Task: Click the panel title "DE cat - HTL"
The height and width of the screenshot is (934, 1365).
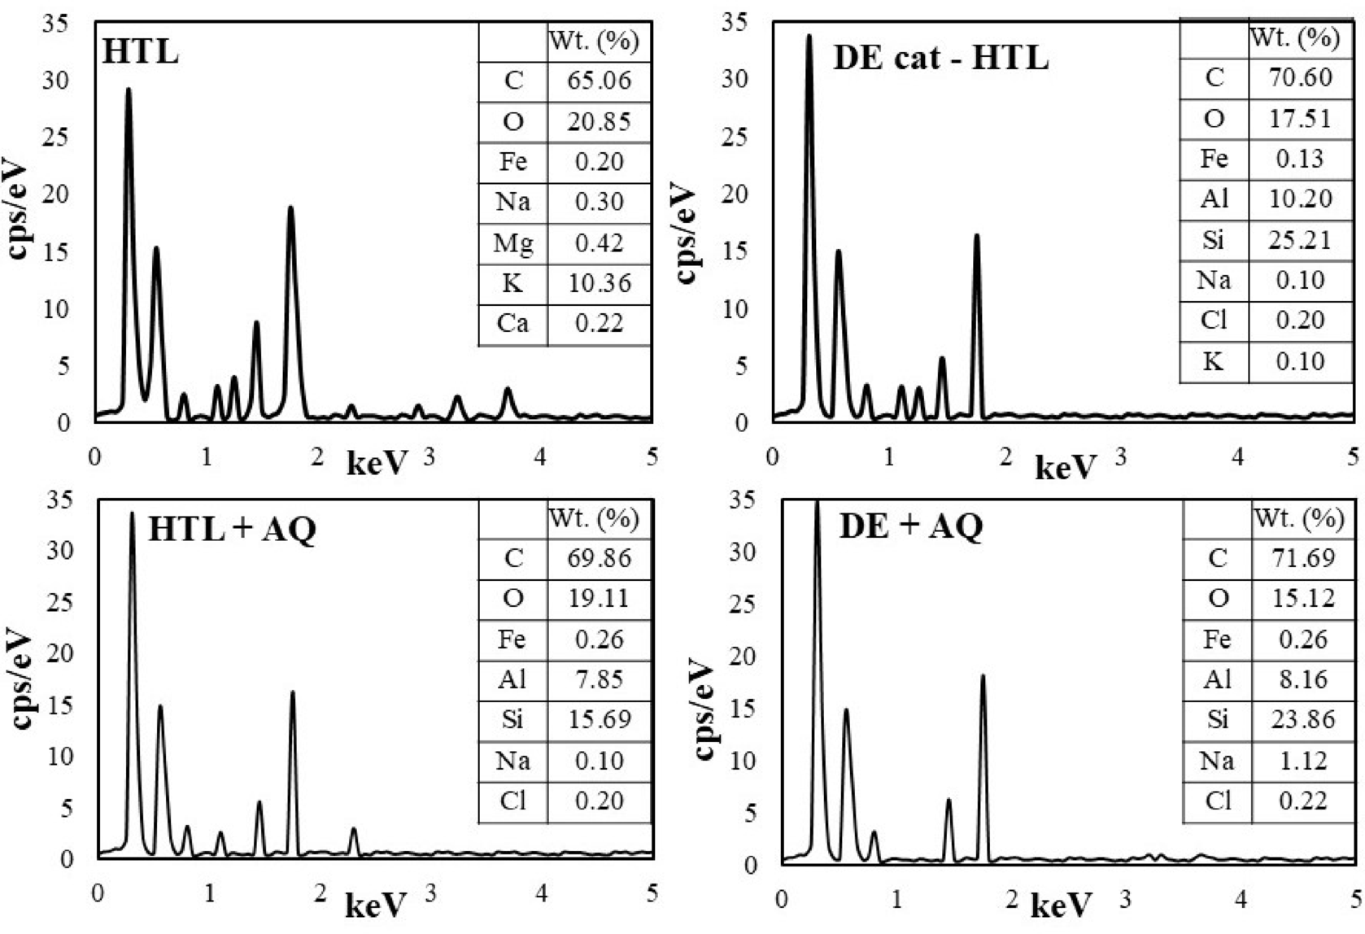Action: tap(940, 59)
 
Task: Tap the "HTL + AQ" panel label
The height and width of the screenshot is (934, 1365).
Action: tap(232, 530)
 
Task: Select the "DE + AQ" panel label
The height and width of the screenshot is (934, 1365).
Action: tap(910, 526)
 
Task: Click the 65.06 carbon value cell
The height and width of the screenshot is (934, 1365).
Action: tap(599, 81)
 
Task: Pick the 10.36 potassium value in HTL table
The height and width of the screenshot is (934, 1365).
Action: tap(599, 283)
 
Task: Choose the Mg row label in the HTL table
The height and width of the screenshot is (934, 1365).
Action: tap(512, 242)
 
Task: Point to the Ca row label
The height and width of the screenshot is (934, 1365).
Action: tap(512, 324)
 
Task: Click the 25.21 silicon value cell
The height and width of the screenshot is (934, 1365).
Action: tap(1300, 240)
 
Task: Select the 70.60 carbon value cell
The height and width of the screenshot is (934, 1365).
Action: tap(1300, 77)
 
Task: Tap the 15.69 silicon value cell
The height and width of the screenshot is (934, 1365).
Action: tap(599, 719)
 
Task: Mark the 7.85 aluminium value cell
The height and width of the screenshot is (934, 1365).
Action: tap(599, 679)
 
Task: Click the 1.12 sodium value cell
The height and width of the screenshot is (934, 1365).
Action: tap(1302, 761)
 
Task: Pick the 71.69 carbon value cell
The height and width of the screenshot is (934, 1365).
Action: tap(1302, 558)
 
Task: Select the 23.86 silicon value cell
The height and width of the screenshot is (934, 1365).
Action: tap(1302, 719)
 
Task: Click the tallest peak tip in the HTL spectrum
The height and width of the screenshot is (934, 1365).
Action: tap(129, 89)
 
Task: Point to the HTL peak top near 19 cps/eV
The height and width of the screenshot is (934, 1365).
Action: tap(290, 208)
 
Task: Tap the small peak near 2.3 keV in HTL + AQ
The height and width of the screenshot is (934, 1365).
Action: tap(353, 830)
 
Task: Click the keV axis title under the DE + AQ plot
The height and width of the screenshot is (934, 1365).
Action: tap(1061, 905)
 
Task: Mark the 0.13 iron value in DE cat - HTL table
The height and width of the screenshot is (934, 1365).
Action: tap(1300, 159)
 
